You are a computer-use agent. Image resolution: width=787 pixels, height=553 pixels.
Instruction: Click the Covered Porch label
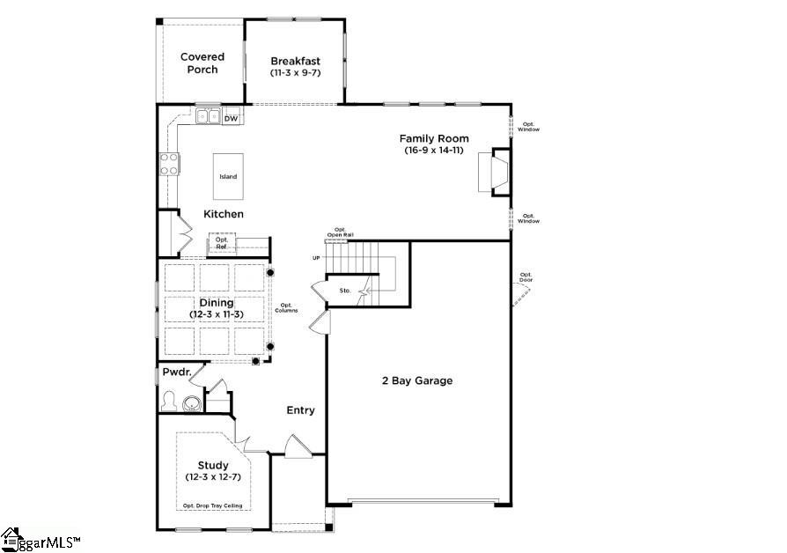pos(202,63)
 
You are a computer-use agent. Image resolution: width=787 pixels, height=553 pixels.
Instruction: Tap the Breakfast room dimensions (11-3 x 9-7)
pos(295,73)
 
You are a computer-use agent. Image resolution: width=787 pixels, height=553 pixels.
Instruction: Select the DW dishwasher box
pos(232,118)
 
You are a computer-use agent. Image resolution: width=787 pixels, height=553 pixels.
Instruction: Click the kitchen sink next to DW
pos(209,116)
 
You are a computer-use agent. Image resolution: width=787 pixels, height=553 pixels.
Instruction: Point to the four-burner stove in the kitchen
pos(169,163)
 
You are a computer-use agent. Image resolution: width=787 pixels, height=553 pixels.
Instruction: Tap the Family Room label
pos(434,138)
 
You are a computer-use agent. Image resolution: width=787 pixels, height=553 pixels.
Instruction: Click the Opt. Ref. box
pos(222,244)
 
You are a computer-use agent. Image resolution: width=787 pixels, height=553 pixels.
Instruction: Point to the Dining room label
pos(216,303)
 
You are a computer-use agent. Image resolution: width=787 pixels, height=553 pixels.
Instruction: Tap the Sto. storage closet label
pos(345,290)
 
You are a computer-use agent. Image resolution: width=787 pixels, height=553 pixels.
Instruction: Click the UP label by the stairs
pos(316,258)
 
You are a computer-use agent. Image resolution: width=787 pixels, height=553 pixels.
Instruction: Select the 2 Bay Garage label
pos(416,380)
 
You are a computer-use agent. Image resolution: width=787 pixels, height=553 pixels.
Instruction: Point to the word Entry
pos(300,410)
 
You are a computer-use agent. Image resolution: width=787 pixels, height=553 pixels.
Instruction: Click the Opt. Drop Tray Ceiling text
pos(212,505)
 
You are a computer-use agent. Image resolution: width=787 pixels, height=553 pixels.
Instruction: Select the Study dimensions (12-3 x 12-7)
pos(213,476)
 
